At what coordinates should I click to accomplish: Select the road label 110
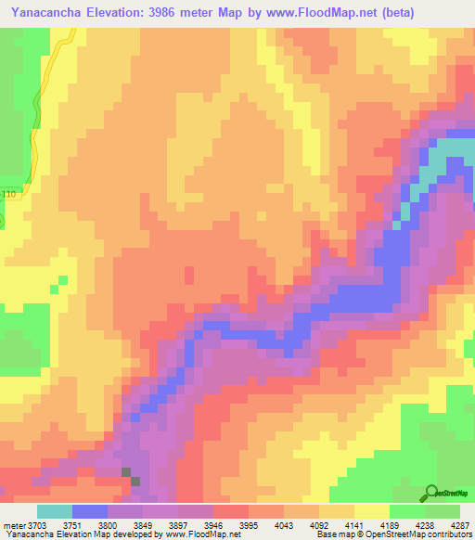9,194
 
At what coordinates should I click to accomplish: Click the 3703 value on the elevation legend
36,526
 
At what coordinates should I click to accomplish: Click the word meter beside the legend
13,526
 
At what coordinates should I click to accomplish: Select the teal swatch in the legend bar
54,511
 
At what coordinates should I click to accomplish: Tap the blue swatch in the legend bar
89,511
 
